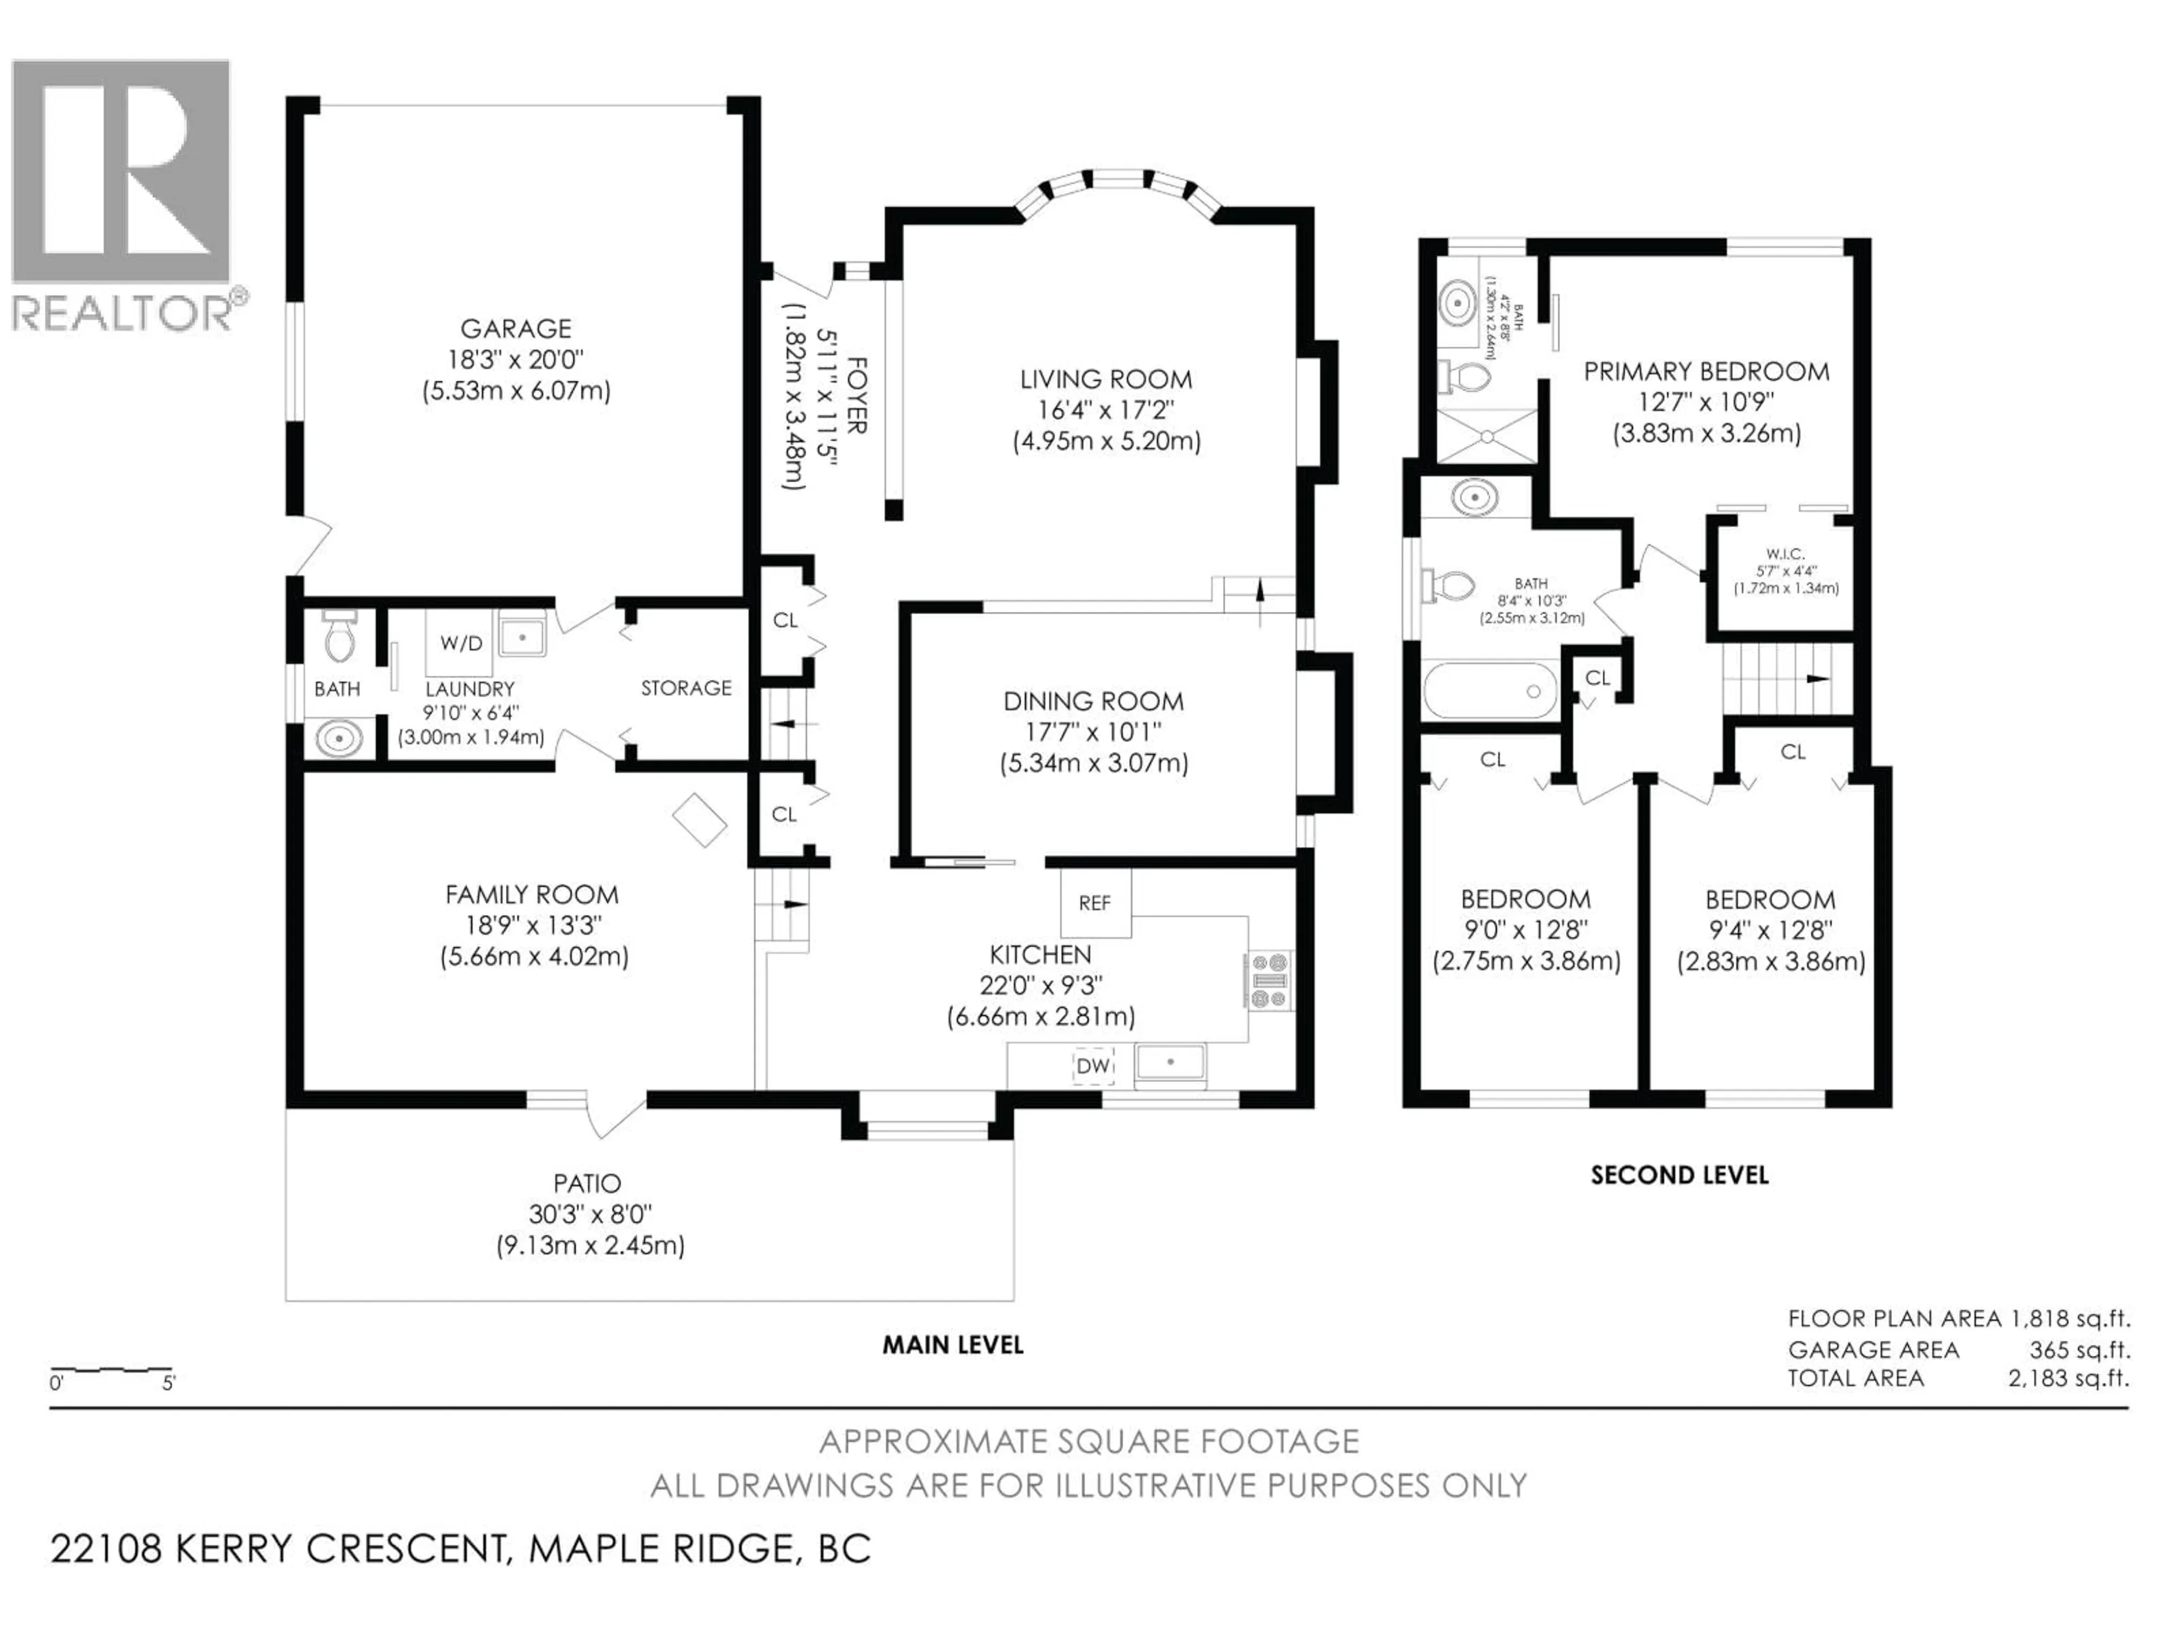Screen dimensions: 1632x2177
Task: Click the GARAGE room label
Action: pyautogui.click(x=516, y=329)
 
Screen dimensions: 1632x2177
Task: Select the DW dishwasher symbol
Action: pyautogui.click(x=1092, y=1065)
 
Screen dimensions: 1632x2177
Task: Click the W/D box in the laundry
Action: pyautogui.click(x=460, y=643)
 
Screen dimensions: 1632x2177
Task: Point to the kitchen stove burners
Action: pyautogui.click(x=1269, y=981)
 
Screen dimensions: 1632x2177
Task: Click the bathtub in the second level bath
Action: pyautogui.click(x=1490, y=691)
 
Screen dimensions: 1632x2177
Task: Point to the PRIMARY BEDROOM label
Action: pyautogui.click(x=1705, y=372)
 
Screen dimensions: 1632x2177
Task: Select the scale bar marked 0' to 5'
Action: pyautogui.click(x=111, y=1371)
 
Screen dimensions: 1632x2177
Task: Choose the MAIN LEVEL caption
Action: pyautogui.click(x=952, y=1345)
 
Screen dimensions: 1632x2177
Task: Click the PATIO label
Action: pyautogui.click(x=587, y=1183)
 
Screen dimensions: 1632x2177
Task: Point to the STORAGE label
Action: pyautogui.click(x=686, y=687)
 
